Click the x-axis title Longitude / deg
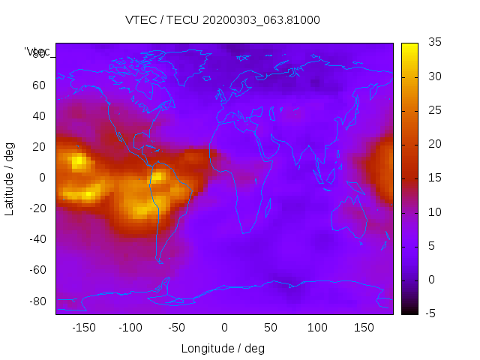tap(223, 348)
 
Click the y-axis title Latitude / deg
tap(10, 178)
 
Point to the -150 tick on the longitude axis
tap(83, 328)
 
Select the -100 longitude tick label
tap(130, 328)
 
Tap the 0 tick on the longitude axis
tap(224, 328)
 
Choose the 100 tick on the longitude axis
tap(317, 328)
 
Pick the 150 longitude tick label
tap(364, 328)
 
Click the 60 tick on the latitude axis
tap(38, 85)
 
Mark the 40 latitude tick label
tap(38, 116)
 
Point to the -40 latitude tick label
tap(36, 239)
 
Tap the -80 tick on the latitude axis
tap(36, 301)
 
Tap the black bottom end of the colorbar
tap(409, 311)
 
